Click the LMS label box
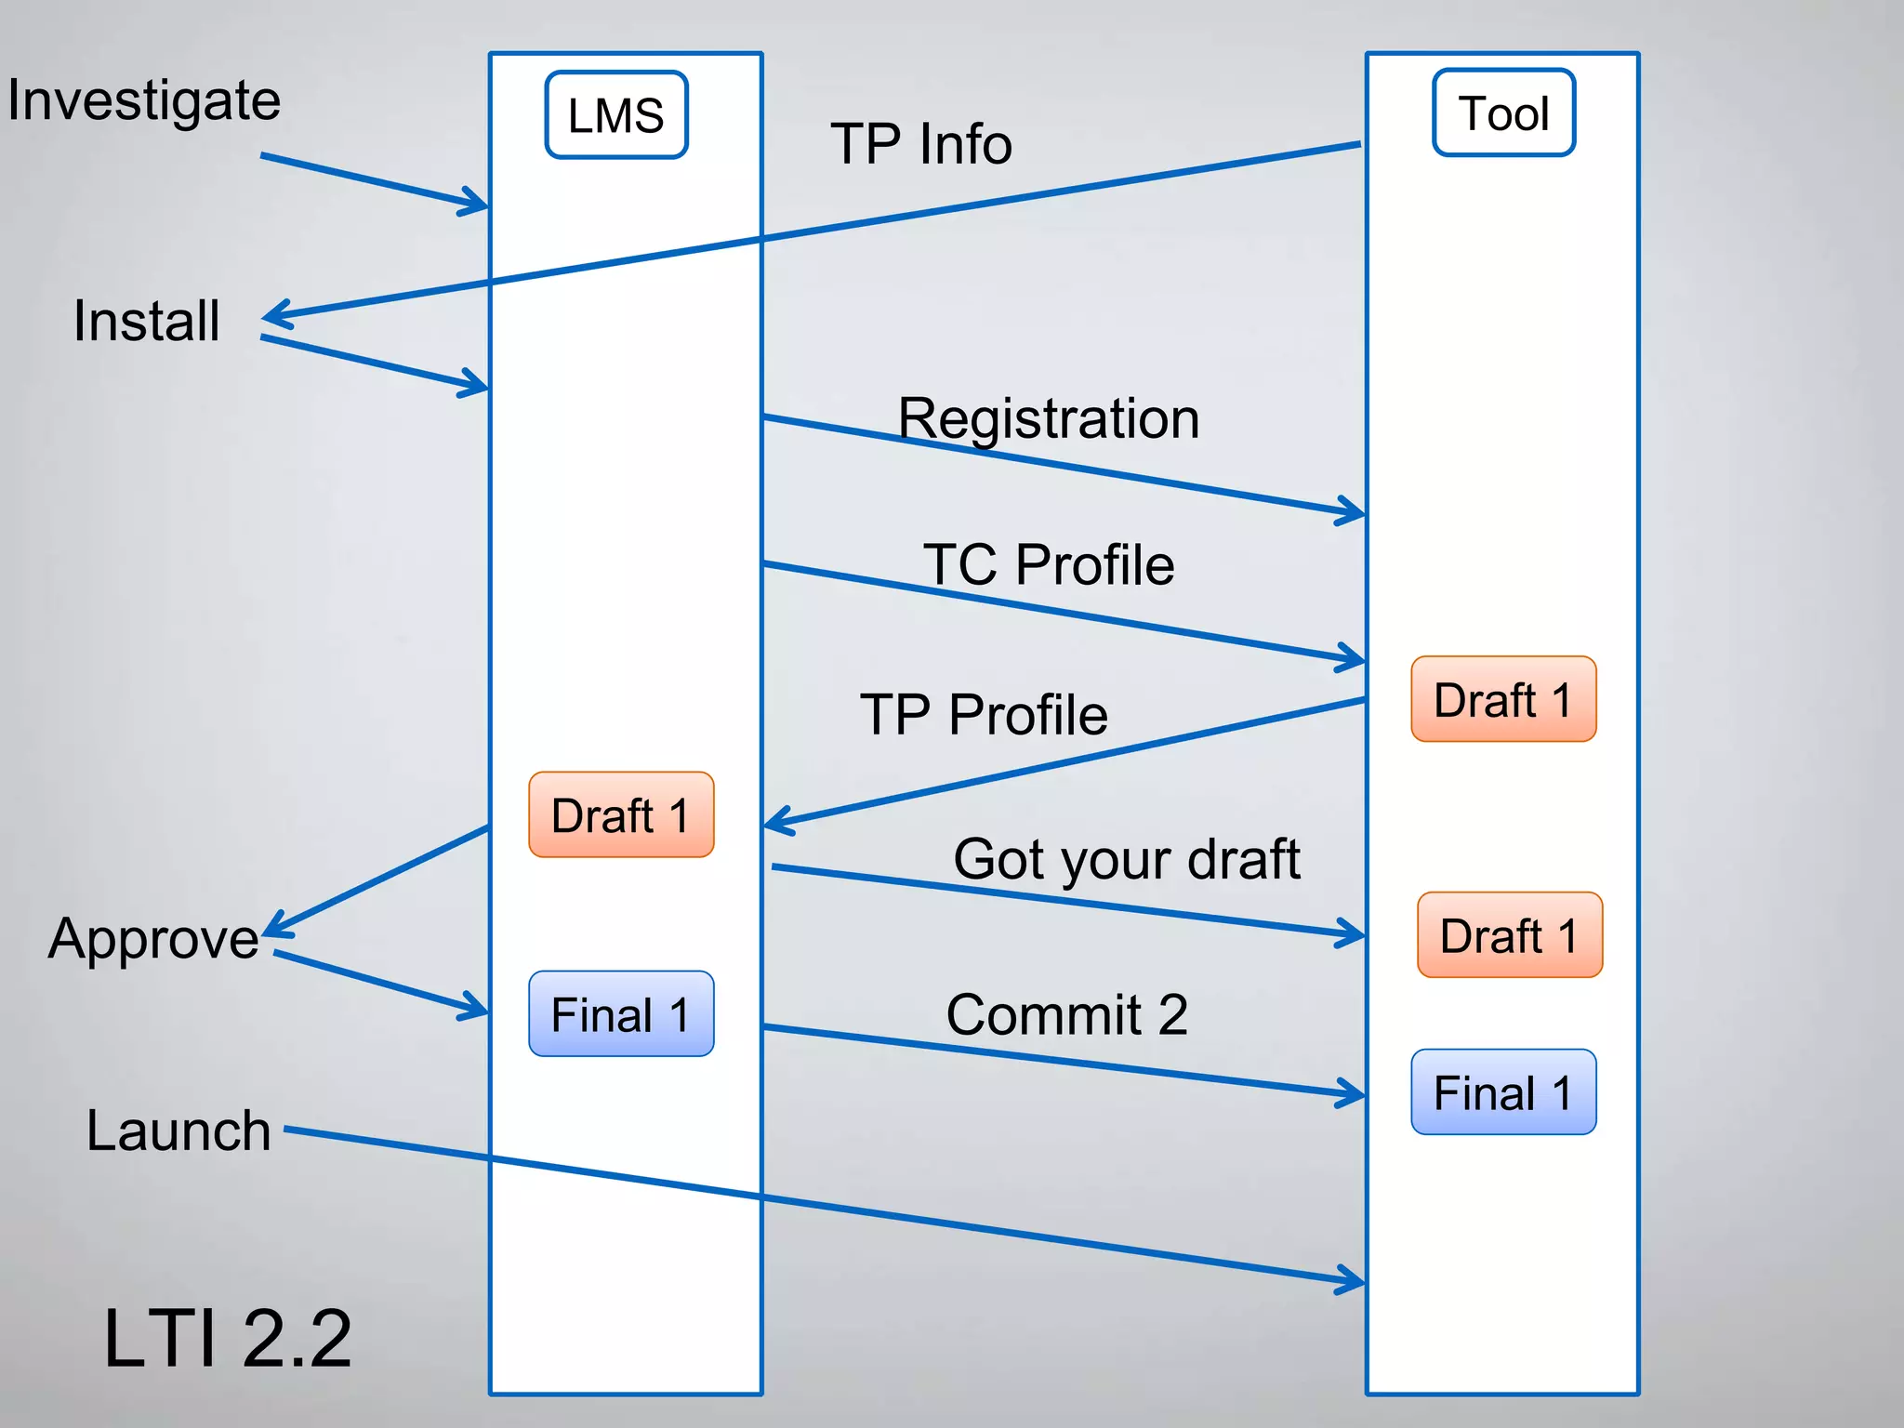[x=616, y=115]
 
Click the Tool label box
[x=1503, y=113]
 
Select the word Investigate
[x=144, y=100]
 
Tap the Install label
[x=147, y=321]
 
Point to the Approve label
[x=153, y=938]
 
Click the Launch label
[x=178, y=1130]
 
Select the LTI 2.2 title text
[x=228, y=1338]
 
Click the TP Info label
[x=920, y=144]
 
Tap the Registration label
[x=1048, y=418]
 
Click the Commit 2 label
[x=1066, y=1014]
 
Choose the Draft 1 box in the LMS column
[x=621, y=814]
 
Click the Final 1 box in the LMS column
[x=621, y=1014]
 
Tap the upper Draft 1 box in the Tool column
[x=1503, y=699]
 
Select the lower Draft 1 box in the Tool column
[x=1510, y=935]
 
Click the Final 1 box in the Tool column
[x=1503, y=1092]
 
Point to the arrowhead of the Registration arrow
[x=1354, y=511]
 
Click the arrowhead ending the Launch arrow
[x=1354, y=1281]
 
